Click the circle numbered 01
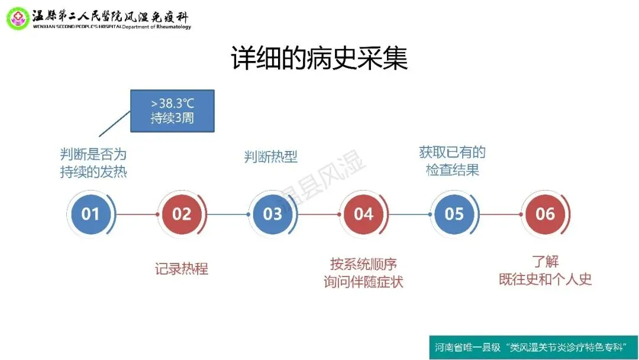pos(91,214)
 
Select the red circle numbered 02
pos(182,214)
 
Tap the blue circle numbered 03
pos(272,214)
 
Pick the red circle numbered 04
pos(363,214)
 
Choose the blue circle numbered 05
pos(454,214)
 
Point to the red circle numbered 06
pos(545,214)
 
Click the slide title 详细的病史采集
pos(319,60)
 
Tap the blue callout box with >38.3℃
pos(172,111)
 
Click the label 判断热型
pos(270,157)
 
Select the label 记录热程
pos(181,269)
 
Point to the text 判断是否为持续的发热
pos(93,163)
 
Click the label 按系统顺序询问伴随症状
pos(363,272)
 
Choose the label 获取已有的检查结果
pos(453,160)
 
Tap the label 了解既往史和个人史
pos(545,271)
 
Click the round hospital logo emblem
pos(18,18)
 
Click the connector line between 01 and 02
pos(136,214)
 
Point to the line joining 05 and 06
pos(499,214)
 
